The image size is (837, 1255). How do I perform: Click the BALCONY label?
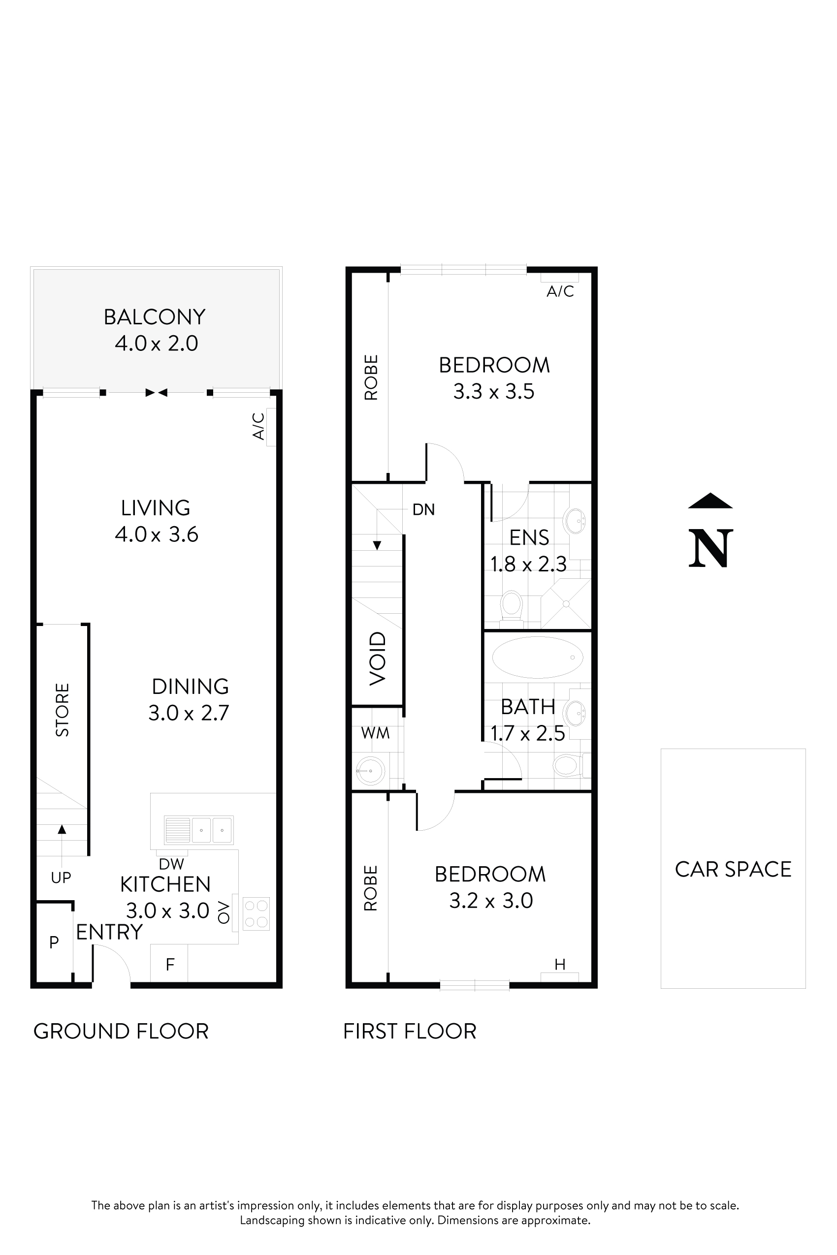(154, 317)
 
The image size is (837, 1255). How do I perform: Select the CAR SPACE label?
(733, 869)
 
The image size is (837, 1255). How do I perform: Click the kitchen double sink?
(198, 830)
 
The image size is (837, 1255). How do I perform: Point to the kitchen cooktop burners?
(256, 914)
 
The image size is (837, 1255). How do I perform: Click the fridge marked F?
(169, 964)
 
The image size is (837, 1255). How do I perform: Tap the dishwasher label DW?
(171, 864)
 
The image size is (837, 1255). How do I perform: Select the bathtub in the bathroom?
(538, 658)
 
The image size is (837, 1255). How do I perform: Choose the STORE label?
(63, 710)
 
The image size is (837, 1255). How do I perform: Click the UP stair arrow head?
(62, 829)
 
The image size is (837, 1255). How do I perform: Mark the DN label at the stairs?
(423, 509)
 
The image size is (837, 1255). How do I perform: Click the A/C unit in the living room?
(271, 426)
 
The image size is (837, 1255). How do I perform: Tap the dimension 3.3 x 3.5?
(494, 392)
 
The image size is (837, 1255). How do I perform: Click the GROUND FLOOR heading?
(121, 1032)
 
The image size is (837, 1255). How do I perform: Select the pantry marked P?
(54, 942)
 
